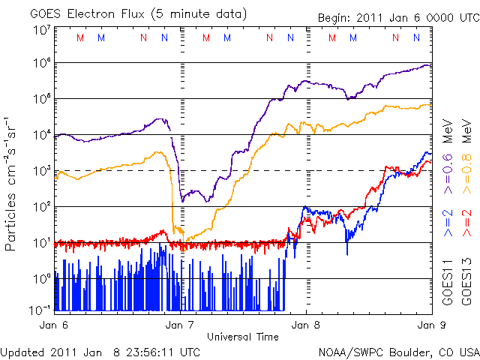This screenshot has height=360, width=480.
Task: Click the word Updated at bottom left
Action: (22, 351)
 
